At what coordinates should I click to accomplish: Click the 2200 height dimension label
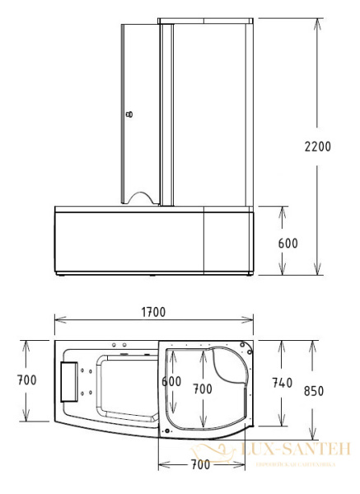pyautogui.click(x=317, y=147)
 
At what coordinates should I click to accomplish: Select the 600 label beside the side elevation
pyautogui.click(x=288, y=243)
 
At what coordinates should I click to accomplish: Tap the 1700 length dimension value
pyautogui.click(x=153, y=312)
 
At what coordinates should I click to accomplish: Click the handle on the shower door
pyautogui.click(x=127, y=115)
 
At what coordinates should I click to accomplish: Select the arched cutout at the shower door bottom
pyautogui.click(x=142, y=197)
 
